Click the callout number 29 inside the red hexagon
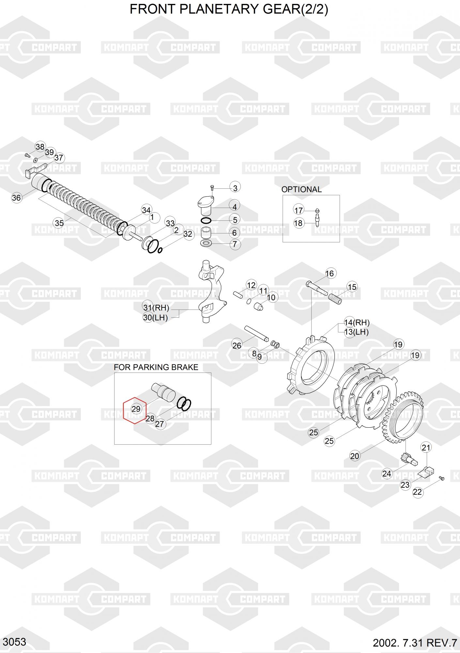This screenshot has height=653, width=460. [136, 409]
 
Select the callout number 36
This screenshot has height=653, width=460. [16, 198]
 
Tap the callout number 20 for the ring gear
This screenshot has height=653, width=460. [355, 456]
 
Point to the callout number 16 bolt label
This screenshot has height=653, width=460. [330, 273]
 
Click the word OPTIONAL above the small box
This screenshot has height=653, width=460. [301, 189]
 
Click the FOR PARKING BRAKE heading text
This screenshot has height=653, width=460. [156, 367]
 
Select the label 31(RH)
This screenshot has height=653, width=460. [156, 308]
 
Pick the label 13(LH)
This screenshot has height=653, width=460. [357, 332]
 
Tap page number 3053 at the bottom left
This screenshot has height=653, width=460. [15, 642]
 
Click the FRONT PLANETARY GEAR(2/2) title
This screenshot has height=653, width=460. [229, 9]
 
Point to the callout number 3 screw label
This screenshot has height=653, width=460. [235, 188]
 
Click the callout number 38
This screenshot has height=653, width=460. [40, 147]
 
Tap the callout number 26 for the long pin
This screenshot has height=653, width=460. [237, 345]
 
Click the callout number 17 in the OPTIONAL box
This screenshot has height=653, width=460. [299, 210]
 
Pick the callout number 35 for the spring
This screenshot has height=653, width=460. [59, 223]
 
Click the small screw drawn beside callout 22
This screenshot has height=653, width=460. [441, 478]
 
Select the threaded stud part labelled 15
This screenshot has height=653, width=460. [334, 299]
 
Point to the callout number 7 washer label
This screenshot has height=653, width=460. [235, 244]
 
